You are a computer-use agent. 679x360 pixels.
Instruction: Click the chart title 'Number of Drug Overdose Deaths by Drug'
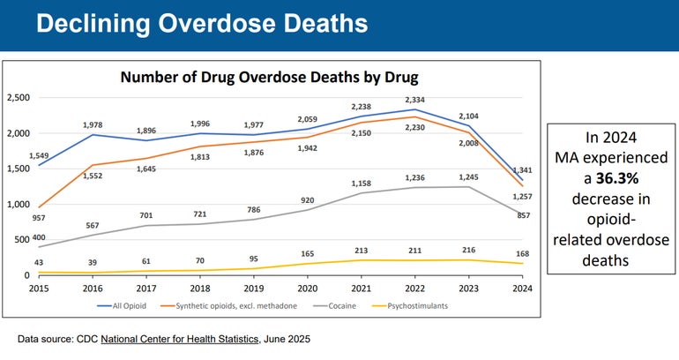tap(269, 77)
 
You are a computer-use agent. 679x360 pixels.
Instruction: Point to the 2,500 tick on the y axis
tap(19, 97)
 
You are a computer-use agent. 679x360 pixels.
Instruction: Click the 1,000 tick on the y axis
tap(19, 204)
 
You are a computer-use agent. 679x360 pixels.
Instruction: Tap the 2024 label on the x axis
tap(523, 289)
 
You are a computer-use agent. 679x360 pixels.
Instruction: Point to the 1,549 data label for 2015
tap(38, 157)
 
